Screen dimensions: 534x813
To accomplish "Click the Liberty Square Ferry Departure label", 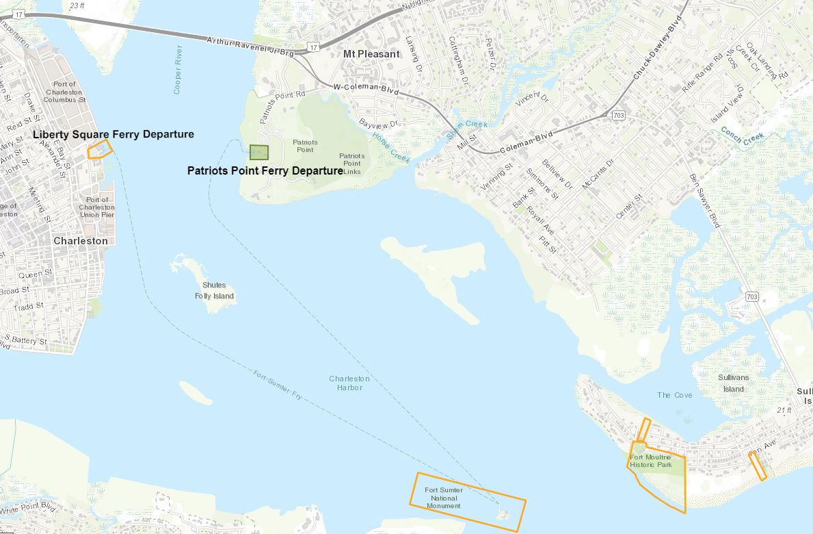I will tap(113, 134).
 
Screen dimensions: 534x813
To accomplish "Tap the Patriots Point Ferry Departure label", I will tap(265, 170).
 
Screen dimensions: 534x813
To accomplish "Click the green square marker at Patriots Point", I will tap(258, 152).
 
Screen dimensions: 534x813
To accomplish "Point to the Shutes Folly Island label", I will tap(214, 291).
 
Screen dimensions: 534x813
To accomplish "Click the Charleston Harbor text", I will tap(349, 383).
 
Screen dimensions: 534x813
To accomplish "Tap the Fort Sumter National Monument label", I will tap(443, 498).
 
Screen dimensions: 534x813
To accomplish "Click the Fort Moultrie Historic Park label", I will tap(651, 461).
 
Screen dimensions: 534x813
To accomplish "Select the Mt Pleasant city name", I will tap(371, 54).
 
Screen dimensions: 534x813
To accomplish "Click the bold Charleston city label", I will tap(81, 241).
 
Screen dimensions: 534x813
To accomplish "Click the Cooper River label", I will tap(178, 69).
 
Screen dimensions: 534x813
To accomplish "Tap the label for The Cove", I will tap(674, 395).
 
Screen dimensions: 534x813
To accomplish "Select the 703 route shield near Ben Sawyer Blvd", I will tap(752, 296).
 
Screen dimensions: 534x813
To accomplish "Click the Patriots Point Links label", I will tap(351, 163).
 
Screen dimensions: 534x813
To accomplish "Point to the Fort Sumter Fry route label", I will tap(277, 385).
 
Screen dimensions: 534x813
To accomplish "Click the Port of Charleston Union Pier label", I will tap(96, 207).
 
